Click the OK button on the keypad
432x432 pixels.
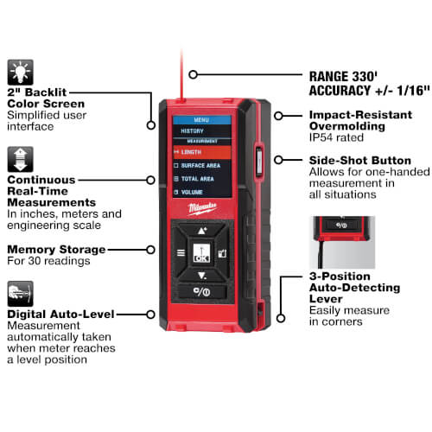[202, 256]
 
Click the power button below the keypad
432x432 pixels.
[202, 290]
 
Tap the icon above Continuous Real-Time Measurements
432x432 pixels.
[20, 160]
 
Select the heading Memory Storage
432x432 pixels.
[55, 249]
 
